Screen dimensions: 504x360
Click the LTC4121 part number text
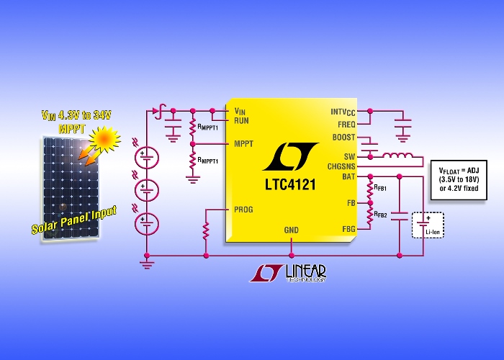[290, 184]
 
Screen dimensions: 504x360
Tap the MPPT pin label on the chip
[243, 144]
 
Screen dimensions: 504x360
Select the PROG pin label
[243, 210]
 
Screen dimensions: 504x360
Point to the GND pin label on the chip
[291, 230]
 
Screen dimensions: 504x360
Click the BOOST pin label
[343, 138]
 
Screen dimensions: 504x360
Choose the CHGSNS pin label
[341, 166]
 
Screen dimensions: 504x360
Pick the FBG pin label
[348, 229]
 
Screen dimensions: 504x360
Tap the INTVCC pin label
[343, 112]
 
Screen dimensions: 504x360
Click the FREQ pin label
[346, 125]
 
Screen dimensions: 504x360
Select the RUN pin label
[241, 121]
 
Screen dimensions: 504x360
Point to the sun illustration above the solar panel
[104, 138]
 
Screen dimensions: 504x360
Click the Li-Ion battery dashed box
[428, 225]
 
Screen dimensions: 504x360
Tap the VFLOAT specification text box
[459, 180]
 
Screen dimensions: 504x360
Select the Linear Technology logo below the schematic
[288, 273]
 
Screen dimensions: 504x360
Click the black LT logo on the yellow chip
[291, 156]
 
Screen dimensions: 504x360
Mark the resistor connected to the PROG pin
[206, 231]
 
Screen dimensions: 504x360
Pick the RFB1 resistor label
[380, 187]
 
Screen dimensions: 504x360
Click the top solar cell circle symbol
[147, 158]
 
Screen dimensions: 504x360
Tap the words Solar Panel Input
[74, 220]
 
